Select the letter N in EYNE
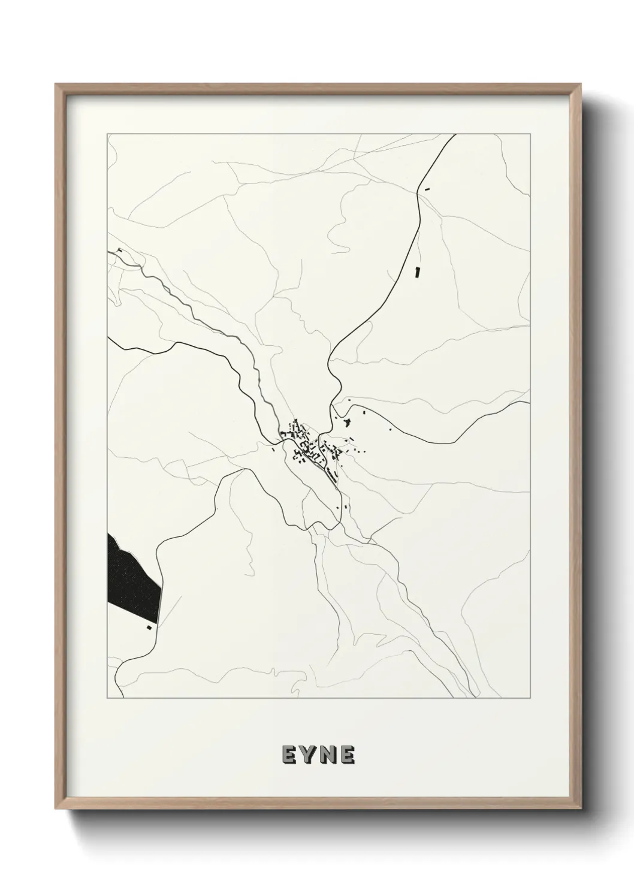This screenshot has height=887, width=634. point(328,755)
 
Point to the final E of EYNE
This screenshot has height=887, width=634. point(348,755)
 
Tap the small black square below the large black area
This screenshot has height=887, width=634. point(147,628)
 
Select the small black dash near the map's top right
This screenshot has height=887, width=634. point(427,189)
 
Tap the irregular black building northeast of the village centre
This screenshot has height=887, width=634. point(347,424)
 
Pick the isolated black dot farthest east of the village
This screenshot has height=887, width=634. point(390,429)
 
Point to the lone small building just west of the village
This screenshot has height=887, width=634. point(274,448)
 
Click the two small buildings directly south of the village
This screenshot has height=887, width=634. point(340,507)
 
